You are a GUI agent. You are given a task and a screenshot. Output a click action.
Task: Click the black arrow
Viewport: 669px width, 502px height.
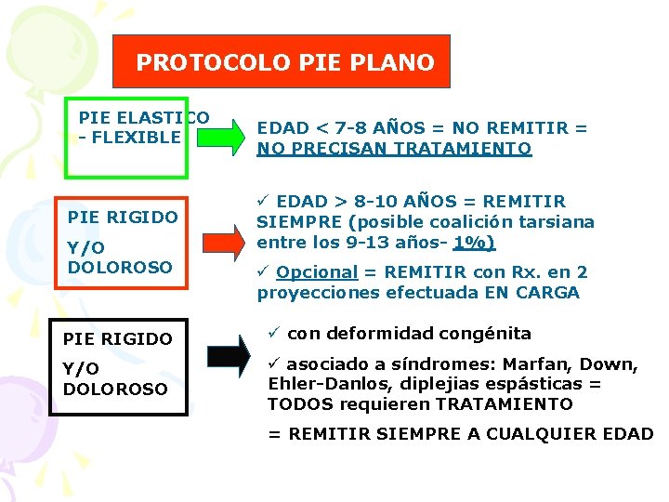[x=229, y=356]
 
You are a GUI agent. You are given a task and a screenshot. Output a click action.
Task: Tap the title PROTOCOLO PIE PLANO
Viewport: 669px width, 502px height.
[x=285, y=62]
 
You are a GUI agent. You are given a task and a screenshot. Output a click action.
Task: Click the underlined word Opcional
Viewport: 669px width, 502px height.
[x=317, y=272]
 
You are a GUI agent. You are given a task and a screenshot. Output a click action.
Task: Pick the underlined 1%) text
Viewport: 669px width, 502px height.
[x=474, y=243]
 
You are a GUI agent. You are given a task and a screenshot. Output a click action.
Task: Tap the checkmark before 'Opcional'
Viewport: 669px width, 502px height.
[x=264, y=272]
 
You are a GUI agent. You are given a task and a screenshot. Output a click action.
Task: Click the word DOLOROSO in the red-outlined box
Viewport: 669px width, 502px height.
[x=121, y=267]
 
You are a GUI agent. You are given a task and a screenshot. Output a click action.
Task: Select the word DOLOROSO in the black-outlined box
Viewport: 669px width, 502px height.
[x=116, y=389]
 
